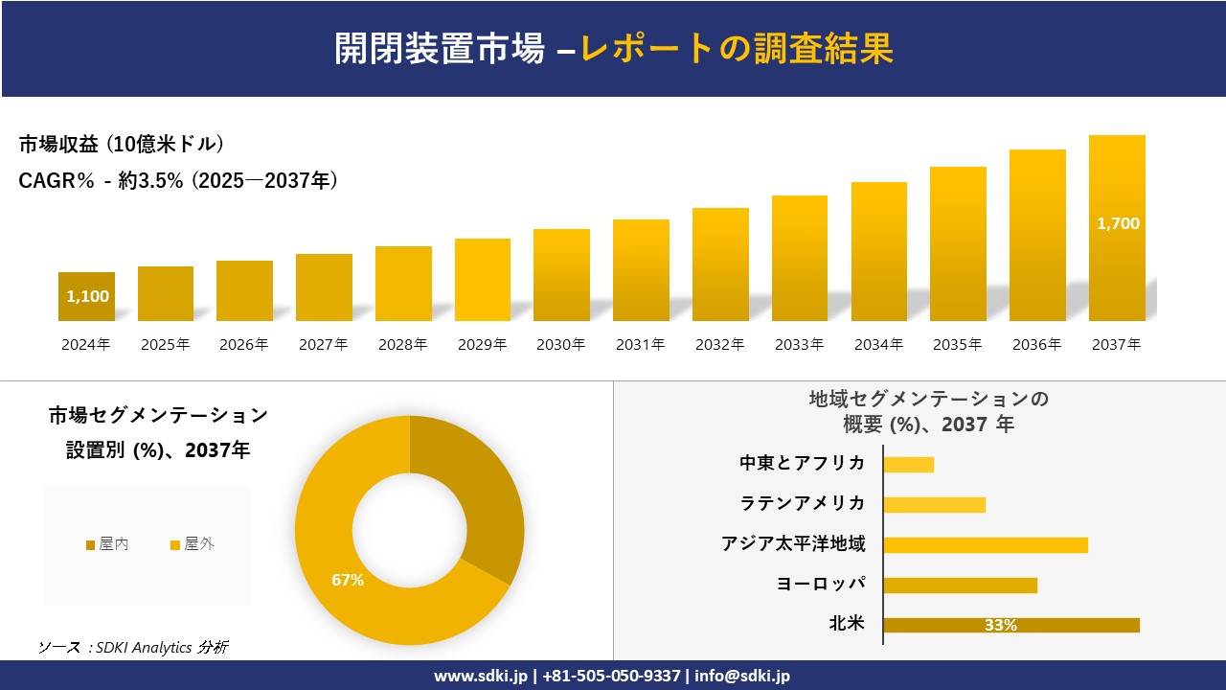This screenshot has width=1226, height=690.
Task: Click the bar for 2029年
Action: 483,280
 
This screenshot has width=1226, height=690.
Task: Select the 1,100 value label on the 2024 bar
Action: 87,296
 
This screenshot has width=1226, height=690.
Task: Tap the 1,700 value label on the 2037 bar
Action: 1118,223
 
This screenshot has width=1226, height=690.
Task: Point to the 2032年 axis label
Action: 719,345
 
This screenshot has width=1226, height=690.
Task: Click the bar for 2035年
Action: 958,244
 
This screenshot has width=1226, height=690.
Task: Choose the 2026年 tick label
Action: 244,345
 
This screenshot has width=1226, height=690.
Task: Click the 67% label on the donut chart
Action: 348,580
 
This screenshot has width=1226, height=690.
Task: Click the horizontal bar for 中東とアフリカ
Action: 908,465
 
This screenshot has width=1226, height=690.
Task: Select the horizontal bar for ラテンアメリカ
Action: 934,505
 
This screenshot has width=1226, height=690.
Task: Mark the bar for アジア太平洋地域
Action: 986,545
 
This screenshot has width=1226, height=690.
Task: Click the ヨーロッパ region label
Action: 821,585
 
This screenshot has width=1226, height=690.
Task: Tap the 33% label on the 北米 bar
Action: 1000,626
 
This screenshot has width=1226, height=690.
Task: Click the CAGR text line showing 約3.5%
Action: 178,181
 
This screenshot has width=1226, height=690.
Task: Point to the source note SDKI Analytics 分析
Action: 133,647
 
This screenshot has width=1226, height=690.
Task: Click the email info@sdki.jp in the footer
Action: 742,676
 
